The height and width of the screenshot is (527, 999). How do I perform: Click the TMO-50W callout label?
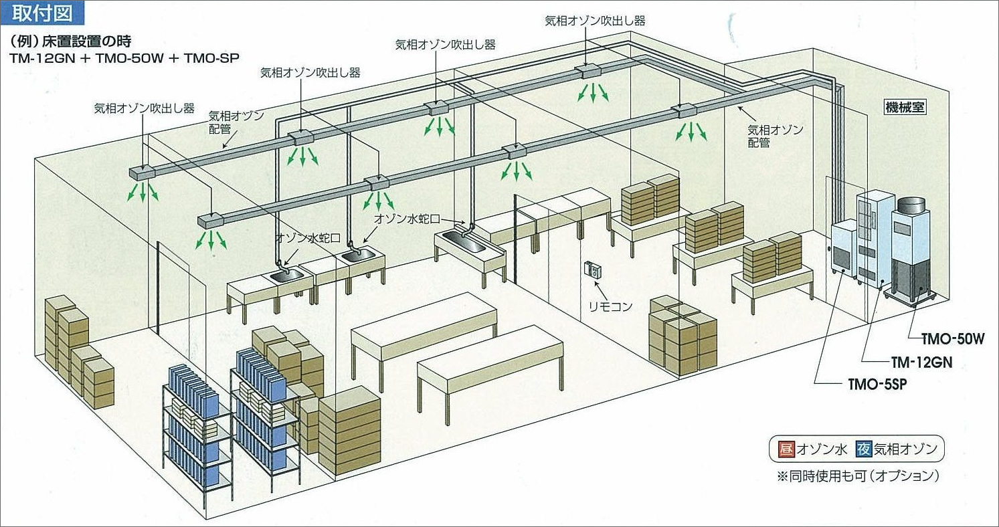953,339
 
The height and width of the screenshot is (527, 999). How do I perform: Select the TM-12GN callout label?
921,362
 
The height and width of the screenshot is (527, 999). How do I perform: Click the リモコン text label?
610,306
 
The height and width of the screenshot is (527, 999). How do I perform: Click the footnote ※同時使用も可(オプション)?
858,476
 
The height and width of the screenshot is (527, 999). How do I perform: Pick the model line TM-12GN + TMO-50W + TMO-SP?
124,58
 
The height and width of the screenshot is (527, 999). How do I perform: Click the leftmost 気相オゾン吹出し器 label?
144,108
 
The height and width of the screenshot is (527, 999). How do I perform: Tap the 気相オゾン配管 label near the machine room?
775,136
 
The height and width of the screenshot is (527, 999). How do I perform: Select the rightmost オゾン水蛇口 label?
408,218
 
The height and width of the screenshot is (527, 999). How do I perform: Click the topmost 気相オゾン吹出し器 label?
595,21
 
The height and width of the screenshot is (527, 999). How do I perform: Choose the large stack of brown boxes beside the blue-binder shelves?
349,429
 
